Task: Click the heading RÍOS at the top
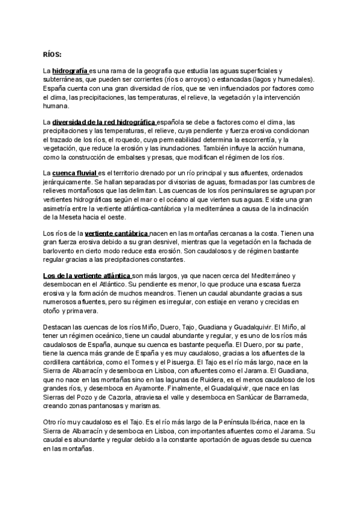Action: pyautogui.click(x=52, y=53)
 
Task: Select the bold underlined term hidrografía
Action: pyautogui.click(x=70, y=71)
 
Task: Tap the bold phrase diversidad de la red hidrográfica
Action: pyautogui.click(x=103, y=122)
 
